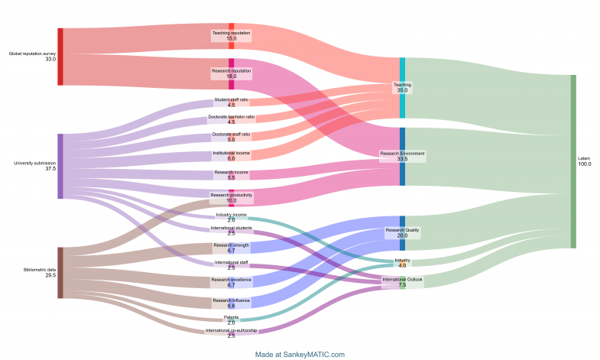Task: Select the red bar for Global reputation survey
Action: pos(60,57)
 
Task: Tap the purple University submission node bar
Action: pos(60,166)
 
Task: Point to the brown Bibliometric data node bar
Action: pos(60,272)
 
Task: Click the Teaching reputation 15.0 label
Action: pos(231,36)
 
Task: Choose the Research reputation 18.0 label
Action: pos(231,73)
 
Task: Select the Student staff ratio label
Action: pos(231,102)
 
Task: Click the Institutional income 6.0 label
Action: pos(231,155)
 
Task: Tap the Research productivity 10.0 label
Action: pos(231,198)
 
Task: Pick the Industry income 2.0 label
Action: pos(231,217)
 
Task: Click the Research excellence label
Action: pos(231,282)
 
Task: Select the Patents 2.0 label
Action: pos(231,319)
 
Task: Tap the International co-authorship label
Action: pos(231,333)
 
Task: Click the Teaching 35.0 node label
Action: pos(402,87)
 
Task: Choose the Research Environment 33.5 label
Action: pos(402,157)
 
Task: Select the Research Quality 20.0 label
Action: pos(402,232)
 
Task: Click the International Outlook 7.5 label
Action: pos(402,282)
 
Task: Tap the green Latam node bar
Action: pos(573,161)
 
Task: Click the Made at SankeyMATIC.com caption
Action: pos(300,354)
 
